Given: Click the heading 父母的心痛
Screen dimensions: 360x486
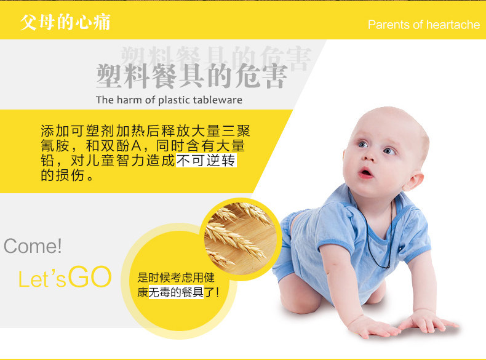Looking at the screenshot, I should (x=65, y=23).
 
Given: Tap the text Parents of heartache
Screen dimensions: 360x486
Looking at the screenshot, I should (x=423, y=25).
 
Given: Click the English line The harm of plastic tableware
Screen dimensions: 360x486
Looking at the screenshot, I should (x=169, y=100).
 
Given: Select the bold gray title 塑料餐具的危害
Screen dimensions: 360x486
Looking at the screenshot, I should (x=191, y=76).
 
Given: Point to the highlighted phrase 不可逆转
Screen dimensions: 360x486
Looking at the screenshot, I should (x=206, y=161).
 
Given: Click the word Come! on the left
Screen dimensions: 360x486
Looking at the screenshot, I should (x=33, y=246).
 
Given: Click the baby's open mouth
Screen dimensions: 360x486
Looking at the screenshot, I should (x=366, y=173).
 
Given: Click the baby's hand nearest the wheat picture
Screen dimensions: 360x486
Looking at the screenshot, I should (x=368, y=326).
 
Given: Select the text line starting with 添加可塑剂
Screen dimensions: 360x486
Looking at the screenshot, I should (x=145, y=131).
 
